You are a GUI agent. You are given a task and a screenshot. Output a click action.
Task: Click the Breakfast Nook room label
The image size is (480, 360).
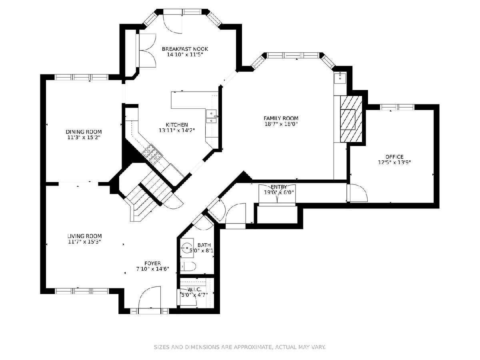(185, 49)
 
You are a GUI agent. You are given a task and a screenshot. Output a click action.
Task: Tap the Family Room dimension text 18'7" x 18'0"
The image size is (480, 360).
(281, 124)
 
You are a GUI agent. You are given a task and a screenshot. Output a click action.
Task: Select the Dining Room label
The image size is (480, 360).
(84, 132)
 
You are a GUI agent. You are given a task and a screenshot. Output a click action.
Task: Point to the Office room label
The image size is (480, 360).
(394, 157)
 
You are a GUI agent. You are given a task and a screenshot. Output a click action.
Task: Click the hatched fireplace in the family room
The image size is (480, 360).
(351, 119)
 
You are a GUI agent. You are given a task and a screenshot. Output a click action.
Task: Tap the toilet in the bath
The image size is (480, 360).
(188, 266)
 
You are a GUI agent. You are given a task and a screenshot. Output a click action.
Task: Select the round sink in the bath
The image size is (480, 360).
(187, 248)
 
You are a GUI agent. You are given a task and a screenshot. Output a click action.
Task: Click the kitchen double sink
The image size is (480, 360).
(212, 117)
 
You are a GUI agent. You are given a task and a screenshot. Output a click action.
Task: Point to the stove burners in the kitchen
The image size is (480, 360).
(152, 154)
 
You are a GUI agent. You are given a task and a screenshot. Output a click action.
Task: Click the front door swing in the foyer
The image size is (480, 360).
(149, 297)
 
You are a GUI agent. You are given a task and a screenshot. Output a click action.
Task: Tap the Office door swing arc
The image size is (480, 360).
(358, 193)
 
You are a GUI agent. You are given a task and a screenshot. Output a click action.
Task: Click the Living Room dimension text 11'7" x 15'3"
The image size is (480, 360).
(84, 242)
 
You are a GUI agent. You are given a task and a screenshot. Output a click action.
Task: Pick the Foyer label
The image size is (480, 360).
(153, 263)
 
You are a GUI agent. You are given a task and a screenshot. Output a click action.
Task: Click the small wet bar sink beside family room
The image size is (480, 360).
(340, 78)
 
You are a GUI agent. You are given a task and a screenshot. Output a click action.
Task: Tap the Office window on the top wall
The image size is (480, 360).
(397, 107)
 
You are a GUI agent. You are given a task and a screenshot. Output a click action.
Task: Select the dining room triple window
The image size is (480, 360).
(81, 77)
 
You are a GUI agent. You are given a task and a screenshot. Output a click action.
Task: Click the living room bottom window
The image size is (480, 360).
(82, 291)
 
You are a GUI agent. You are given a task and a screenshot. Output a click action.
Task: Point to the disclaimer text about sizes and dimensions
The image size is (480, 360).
(240, 347)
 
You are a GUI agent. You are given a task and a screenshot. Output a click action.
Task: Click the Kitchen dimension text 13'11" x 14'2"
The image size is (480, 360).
(177, 130)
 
